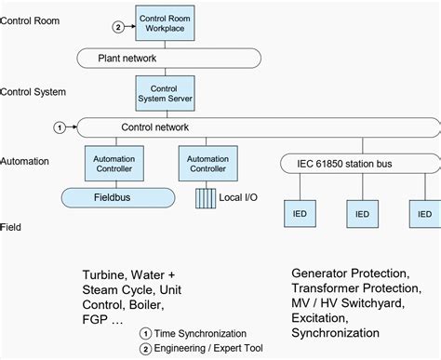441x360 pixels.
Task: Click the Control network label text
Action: click(x=155, y=127)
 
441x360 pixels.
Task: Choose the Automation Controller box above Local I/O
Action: click(x=208, y=165)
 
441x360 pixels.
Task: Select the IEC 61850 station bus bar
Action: click(x=355, y=165)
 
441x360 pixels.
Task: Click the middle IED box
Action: click(x=363, y=213)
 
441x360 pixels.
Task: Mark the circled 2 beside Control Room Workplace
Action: click(x=118, y=27)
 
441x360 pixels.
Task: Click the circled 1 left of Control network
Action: click(x=60, y=127)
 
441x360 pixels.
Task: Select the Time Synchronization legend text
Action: click(x=200, y=333)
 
